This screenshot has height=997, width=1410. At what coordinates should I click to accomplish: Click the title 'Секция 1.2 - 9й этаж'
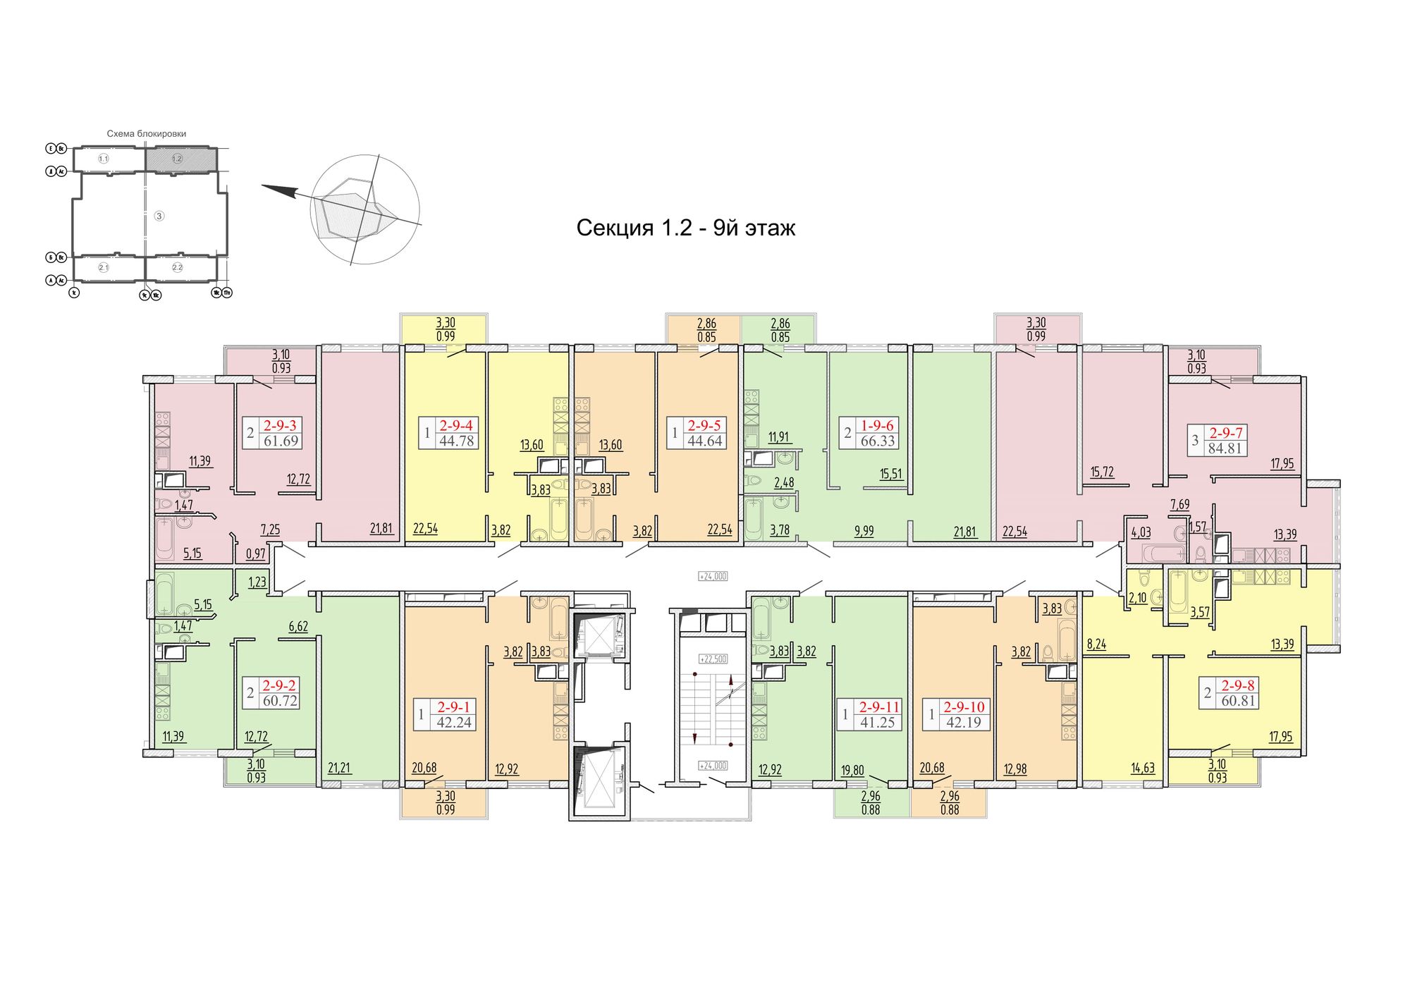click(x=685, y=228)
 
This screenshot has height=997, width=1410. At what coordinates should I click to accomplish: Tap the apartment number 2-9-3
click(x=280, y=425)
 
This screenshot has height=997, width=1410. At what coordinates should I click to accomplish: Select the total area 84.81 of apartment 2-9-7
click(x=1225, y=448)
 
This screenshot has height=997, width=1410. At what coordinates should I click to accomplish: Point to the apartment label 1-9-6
click(x=877, y=425)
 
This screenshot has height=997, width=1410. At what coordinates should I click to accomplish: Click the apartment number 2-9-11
click(x=879, y=707)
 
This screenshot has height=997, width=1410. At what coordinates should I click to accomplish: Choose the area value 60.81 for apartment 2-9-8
click(x=1238, y=701)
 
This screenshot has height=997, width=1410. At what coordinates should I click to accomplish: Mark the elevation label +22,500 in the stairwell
click(x=713, y=659)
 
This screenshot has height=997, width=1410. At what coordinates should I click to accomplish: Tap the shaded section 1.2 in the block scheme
click(x=177, y=159)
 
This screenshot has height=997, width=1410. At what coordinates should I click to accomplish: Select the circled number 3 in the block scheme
click(x=159, y=216)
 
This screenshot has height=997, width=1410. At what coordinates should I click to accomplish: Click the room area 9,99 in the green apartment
click(x=864, y=531)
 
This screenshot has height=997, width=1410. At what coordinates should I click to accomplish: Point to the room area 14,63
click(x=1143, y=768)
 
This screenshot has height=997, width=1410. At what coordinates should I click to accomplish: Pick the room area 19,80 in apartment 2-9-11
click(x=852, y=770)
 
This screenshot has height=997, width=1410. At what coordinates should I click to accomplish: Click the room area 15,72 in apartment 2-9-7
click(x=1102, y=472)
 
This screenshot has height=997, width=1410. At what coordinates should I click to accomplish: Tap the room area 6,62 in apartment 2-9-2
click(x=298, y=626)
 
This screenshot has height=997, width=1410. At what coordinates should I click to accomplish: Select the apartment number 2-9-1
click(x=453, y=707)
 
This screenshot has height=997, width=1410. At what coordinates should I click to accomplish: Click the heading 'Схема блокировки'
click(x=147, y=133)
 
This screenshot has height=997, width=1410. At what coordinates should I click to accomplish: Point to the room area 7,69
click(x=1179, y=504)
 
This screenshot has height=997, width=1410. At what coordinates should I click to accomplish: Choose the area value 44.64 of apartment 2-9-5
click(x=704, y=441)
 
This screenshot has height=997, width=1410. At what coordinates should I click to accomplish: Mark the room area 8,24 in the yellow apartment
click(x=1096, y=644)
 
